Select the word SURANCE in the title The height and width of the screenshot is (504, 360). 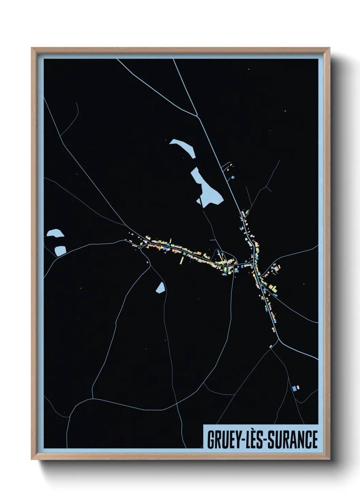[293, 439]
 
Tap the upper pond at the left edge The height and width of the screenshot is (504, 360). [55, 233]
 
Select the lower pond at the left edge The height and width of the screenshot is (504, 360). [60, 251]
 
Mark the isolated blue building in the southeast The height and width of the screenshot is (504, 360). [294, 388]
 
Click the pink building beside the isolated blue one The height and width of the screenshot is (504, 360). [298, 387]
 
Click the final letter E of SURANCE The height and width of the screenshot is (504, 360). [314, 439]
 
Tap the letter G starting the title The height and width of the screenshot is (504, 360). [210, 439]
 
